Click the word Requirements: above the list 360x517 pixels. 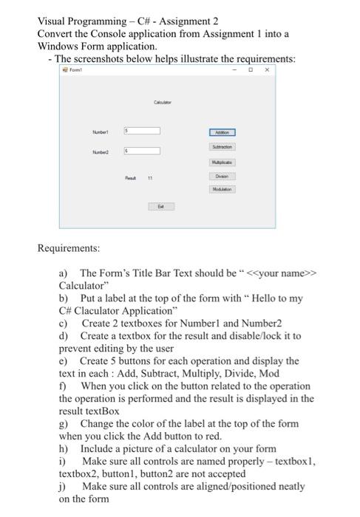click(x=71, y=247)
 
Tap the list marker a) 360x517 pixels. click(x=64, y=273)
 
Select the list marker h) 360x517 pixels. click(x=64, y=448)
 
